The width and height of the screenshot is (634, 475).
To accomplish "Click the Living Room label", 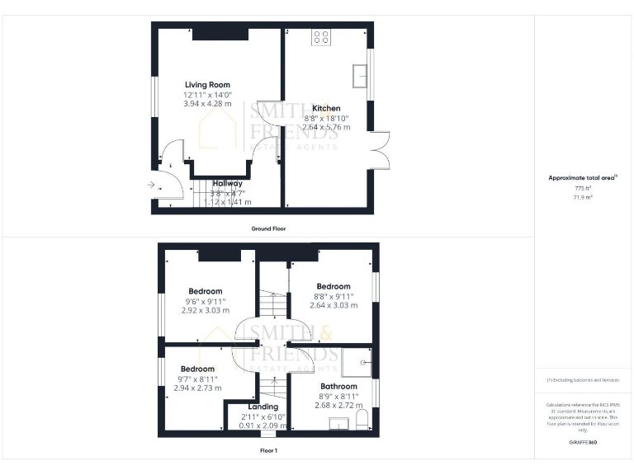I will [207, 85].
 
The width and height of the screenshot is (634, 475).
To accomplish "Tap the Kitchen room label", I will [326, 108].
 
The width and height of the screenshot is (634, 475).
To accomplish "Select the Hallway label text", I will [227, 184].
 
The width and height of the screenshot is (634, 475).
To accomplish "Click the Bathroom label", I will [338, 386].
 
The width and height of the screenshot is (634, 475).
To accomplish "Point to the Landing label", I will [263, 407].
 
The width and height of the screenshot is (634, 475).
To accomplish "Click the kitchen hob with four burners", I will [320, 37].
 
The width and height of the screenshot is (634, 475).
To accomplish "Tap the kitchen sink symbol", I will [361, 76].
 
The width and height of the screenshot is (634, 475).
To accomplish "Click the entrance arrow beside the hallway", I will [151, 185].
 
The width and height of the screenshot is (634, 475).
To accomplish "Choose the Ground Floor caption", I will [269, 228].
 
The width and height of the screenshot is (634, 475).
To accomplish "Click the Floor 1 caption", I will [268, 451].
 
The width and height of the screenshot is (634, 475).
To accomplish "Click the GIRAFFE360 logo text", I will [583, 443].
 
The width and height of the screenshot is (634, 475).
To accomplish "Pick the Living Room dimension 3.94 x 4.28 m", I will [207, 105].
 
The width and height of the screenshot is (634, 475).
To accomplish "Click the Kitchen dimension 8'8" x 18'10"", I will [326, 118].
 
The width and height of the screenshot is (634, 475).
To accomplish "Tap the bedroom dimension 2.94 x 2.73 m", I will [197, 388].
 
